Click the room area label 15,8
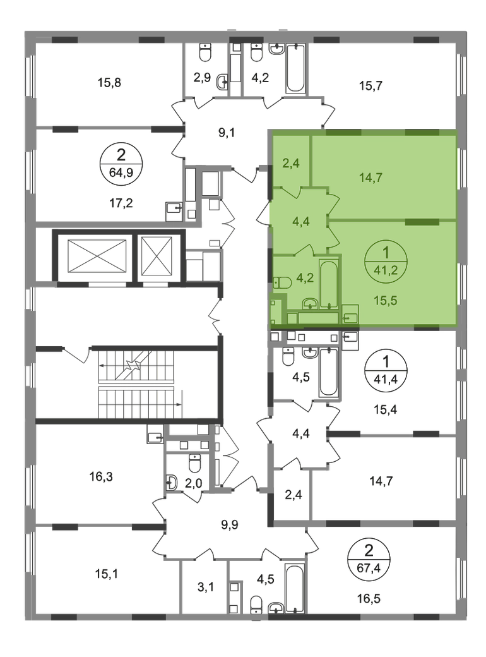pos(109,83)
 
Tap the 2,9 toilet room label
pos(202,78)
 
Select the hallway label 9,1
pos(227,133)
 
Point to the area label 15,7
pos(370,86)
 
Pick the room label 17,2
pos(121,203)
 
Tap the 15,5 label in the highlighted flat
pos(385,301)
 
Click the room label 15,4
pos(385,409)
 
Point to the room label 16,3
pos(101,476)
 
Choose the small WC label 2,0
pos(193,483)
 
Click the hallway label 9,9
pos(230,524)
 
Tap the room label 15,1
pos(106,574)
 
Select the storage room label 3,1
pos(205,587)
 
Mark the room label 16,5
pos(369,599)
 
